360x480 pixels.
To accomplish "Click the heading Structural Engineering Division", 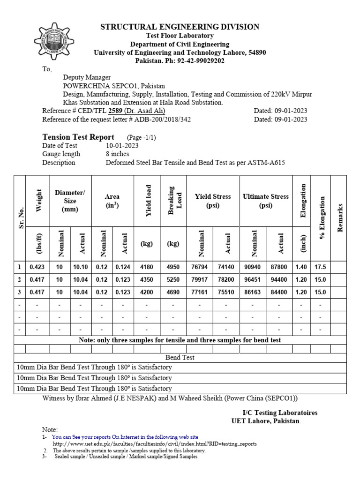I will pyautogui.click(x=180, y=27).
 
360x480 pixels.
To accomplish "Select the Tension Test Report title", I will pyautogui.click(x=78, y=137).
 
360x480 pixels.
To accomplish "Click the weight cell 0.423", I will pyautogui.click(x=37, y=267).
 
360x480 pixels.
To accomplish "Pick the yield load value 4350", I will pyautogui.click(x=147, y=279).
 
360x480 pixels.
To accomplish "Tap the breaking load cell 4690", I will pyautogui.click(x=173, y=292).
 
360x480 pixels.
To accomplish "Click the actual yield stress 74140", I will pyautogui.click(x=226, y=267).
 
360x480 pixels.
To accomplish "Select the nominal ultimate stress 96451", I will pyautogui.click(x=253, y=279).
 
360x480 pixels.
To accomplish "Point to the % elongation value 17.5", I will pyautogui.click(x=320, y=267).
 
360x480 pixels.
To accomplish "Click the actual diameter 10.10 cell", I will pyautogui.click(x=81, y=267).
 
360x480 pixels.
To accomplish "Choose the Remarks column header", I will pyautogui.click(x=340, y=217).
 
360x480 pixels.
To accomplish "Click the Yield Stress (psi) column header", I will pyautogui.click(x=213, y=201).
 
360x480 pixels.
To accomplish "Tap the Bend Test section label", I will pyautogui.click(x=180, y=357).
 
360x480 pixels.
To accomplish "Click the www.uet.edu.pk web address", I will pyautogui.click(x=155, y=443).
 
